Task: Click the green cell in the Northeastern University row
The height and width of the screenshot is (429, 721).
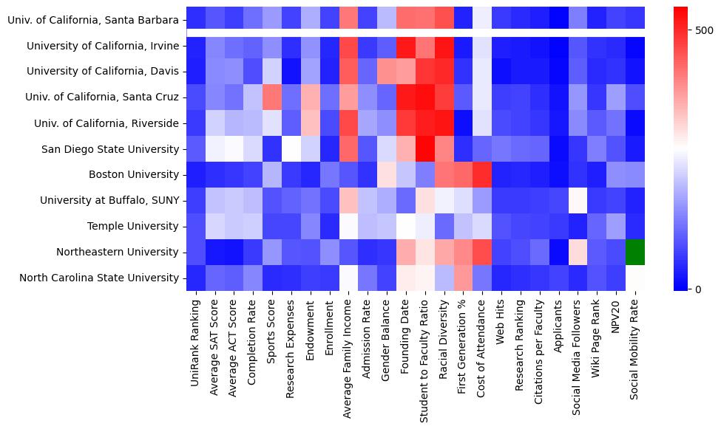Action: coord(635,252)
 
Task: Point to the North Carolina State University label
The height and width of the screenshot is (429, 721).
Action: coord(99,278)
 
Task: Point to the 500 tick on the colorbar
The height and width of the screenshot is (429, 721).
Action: coord(703,30)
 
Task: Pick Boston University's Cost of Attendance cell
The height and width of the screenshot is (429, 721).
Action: coord(481,175)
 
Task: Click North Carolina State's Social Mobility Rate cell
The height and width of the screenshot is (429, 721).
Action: coord(635,278)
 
